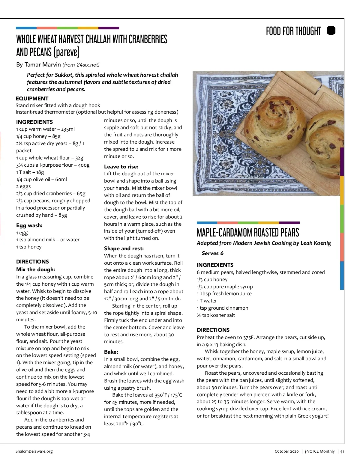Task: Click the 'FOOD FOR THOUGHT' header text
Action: click(x=293, y=31)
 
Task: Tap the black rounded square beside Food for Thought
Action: click(x=331, y=31)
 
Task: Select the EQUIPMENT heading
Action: click(x=32, y=98)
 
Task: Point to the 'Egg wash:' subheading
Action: click(x=29, y=225)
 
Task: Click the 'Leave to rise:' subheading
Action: click(x=121, y=167)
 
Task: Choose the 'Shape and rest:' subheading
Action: click(x=124, y=248)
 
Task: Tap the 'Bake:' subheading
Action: click(x=111, y=352)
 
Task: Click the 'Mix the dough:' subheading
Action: click(x=35, y=269)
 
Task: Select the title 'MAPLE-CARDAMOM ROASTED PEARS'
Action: click(x=248, y=233)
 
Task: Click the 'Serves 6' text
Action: click(x=212, y=253)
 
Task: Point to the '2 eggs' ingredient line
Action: click(x=23, y=186)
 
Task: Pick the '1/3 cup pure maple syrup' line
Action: click(x=225, y=287)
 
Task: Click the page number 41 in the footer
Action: click(x=342, y=451)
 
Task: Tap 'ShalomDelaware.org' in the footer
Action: click(x=34, y=451)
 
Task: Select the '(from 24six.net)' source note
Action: click(x=81, y=65)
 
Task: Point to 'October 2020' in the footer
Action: click(x=286, y=451)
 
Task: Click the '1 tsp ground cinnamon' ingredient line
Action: click(x=222, y=308)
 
